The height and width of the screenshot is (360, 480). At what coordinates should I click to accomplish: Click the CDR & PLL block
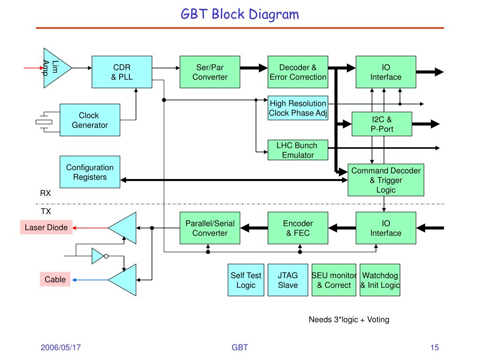click(122, 72)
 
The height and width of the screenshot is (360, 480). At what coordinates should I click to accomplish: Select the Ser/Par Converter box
click(210, 72)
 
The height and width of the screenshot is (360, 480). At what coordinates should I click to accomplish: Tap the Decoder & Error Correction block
click(298, 72)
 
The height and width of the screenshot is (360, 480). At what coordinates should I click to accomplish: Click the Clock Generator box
click(90, 120)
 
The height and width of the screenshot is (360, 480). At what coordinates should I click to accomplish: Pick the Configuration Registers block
click(90, 172)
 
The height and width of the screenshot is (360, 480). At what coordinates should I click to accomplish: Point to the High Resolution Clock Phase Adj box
click(298, 108)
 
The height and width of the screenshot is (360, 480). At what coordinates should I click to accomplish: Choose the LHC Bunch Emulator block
click(298, 150)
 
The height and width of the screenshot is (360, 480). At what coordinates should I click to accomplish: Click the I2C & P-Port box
click(382, 124)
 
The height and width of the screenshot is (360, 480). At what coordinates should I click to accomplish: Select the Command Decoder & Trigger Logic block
click(386, 180)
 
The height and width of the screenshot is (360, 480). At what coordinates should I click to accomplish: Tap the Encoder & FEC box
click(298, 228)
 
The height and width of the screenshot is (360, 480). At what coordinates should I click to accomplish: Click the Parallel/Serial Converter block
click(210, 228)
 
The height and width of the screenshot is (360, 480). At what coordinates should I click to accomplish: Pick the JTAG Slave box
click(288, 280)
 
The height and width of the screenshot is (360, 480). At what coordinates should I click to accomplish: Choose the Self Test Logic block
click(246, 280)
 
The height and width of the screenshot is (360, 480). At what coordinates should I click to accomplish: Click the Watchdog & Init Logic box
click(380, 280)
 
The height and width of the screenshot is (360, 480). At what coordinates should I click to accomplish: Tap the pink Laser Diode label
click(46, 227)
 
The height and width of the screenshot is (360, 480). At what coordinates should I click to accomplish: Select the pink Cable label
click(55, 279)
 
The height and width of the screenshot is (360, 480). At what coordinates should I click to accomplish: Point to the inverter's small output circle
click(106, 256)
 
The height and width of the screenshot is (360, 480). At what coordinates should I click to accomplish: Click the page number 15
click(435, 347)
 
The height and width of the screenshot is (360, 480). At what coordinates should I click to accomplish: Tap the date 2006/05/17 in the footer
click(60, 347)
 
